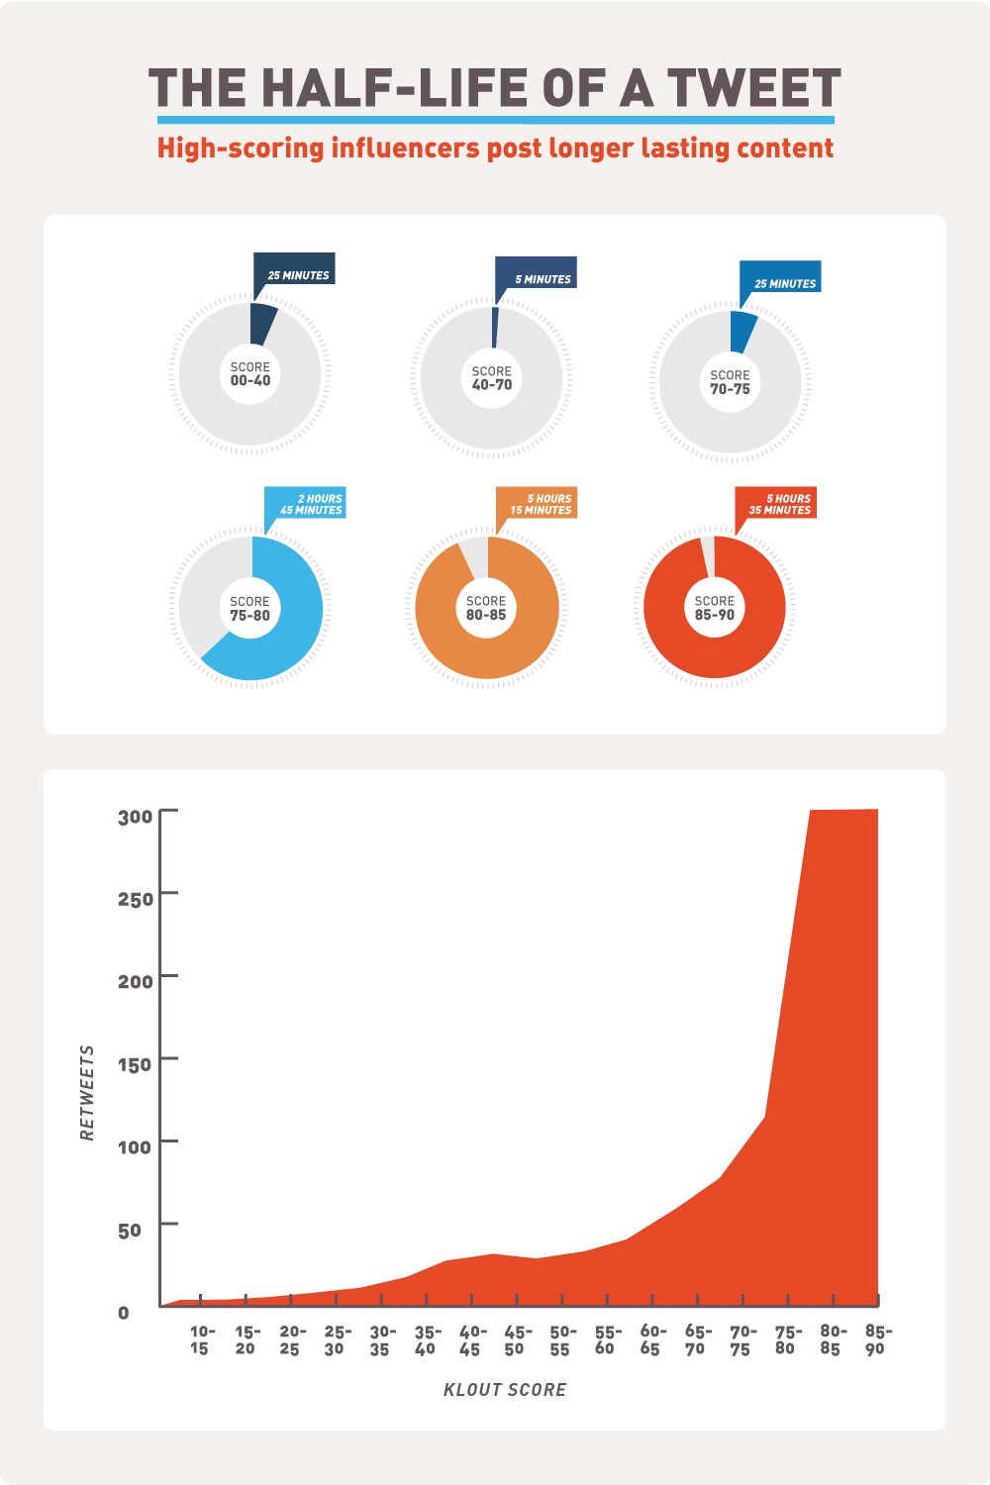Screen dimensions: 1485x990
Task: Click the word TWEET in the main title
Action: click(x=752, y=88)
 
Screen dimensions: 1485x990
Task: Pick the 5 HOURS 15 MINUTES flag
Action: click(x=541, y=504)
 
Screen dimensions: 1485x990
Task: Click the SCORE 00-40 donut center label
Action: click(x=249, y=373)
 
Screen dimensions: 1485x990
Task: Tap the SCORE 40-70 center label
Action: click(x=491, y=377)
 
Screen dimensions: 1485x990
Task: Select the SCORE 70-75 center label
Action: click(x=730, y=381)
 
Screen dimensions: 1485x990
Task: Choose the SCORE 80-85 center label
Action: click(x=486, y=607)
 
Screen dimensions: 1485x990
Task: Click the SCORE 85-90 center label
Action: click(x=714, y=607)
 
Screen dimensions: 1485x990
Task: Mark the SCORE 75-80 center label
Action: click(x=249, y=607)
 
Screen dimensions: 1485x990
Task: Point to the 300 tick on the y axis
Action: click(x=136, y=817)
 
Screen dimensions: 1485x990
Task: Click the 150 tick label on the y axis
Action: click(x=136, y=1064)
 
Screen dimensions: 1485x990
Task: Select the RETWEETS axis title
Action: click(x=88, y=1092)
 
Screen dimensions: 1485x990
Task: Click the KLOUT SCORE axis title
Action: click(x=505, y=1390)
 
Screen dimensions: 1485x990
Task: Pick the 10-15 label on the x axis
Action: click(x=201, y=1339)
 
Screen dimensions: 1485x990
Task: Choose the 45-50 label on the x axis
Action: click(x=515, y=1339)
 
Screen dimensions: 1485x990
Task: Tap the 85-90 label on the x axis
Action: click(x=875, y=1339)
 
